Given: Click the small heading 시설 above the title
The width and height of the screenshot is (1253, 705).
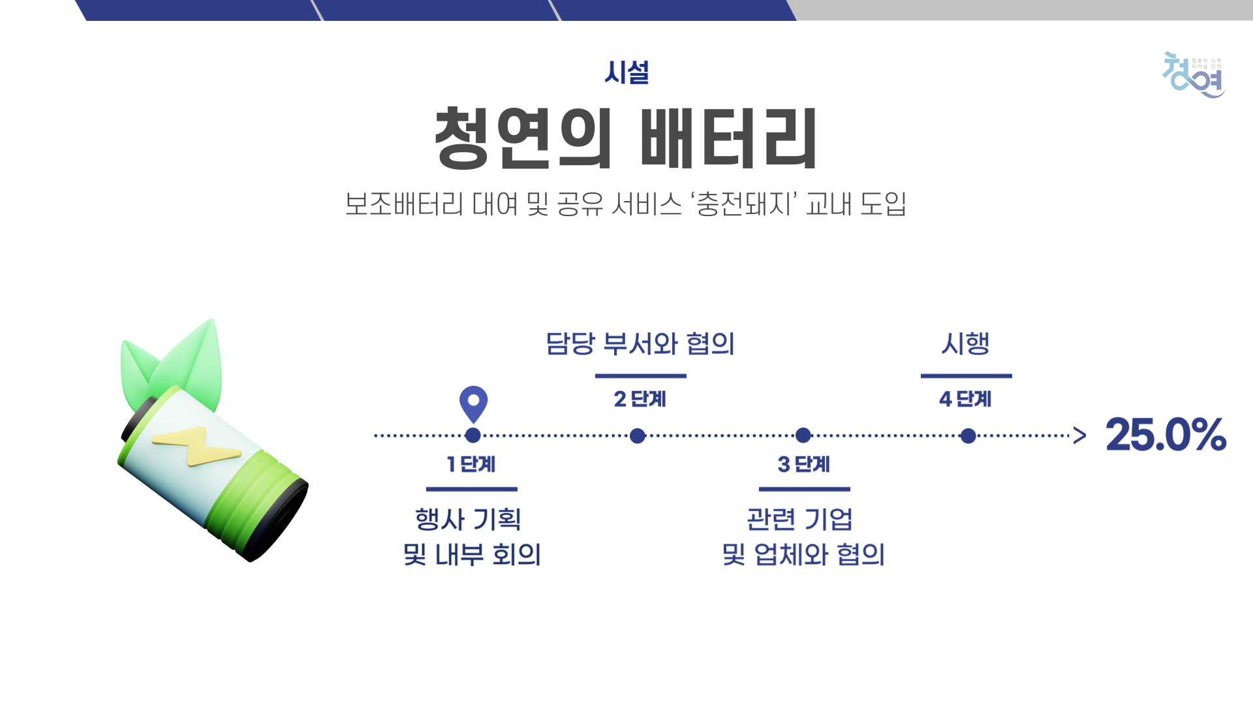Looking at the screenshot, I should point(626,72).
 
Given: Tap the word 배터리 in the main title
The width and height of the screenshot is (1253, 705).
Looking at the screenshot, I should point(728,138).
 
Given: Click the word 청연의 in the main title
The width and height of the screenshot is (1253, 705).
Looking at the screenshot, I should point(523,138).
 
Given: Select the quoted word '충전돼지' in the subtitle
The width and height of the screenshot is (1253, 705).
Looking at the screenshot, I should point(744,204).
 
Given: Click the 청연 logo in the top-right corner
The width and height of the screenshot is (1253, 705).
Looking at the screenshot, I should point(1194,75).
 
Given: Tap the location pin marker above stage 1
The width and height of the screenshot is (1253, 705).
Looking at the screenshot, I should point(473,403).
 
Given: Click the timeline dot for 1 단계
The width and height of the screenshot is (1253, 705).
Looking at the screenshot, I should point(473,435).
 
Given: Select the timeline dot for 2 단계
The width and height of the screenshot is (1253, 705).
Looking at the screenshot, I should point(638,435).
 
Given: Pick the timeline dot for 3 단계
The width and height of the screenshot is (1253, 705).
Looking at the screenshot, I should point(803,435).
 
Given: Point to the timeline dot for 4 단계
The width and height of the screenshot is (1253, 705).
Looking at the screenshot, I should point(968,435).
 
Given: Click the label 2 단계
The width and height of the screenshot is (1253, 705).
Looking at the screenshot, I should point(640,399).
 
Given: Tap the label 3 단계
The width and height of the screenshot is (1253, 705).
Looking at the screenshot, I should point(803,464).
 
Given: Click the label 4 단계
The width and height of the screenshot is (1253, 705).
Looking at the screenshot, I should point(965,399).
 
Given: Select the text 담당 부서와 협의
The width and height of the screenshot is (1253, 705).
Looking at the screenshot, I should point(640,343).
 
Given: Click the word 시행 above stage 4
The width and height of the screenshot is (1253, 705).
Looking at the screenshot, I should point(965,343).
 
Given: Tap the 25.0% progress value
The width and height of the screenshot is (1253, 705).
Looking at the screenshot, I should point(1166,435).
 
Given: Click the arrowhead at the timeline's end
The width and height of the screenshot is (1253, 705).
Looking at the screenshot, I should point(1080,435).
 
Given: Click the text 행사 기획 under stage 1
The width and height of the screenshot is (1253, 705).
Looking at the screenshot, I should point(469,520).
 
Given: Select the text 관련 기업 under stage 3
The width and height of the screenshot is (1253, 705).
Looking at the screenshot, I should point(800,520).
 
